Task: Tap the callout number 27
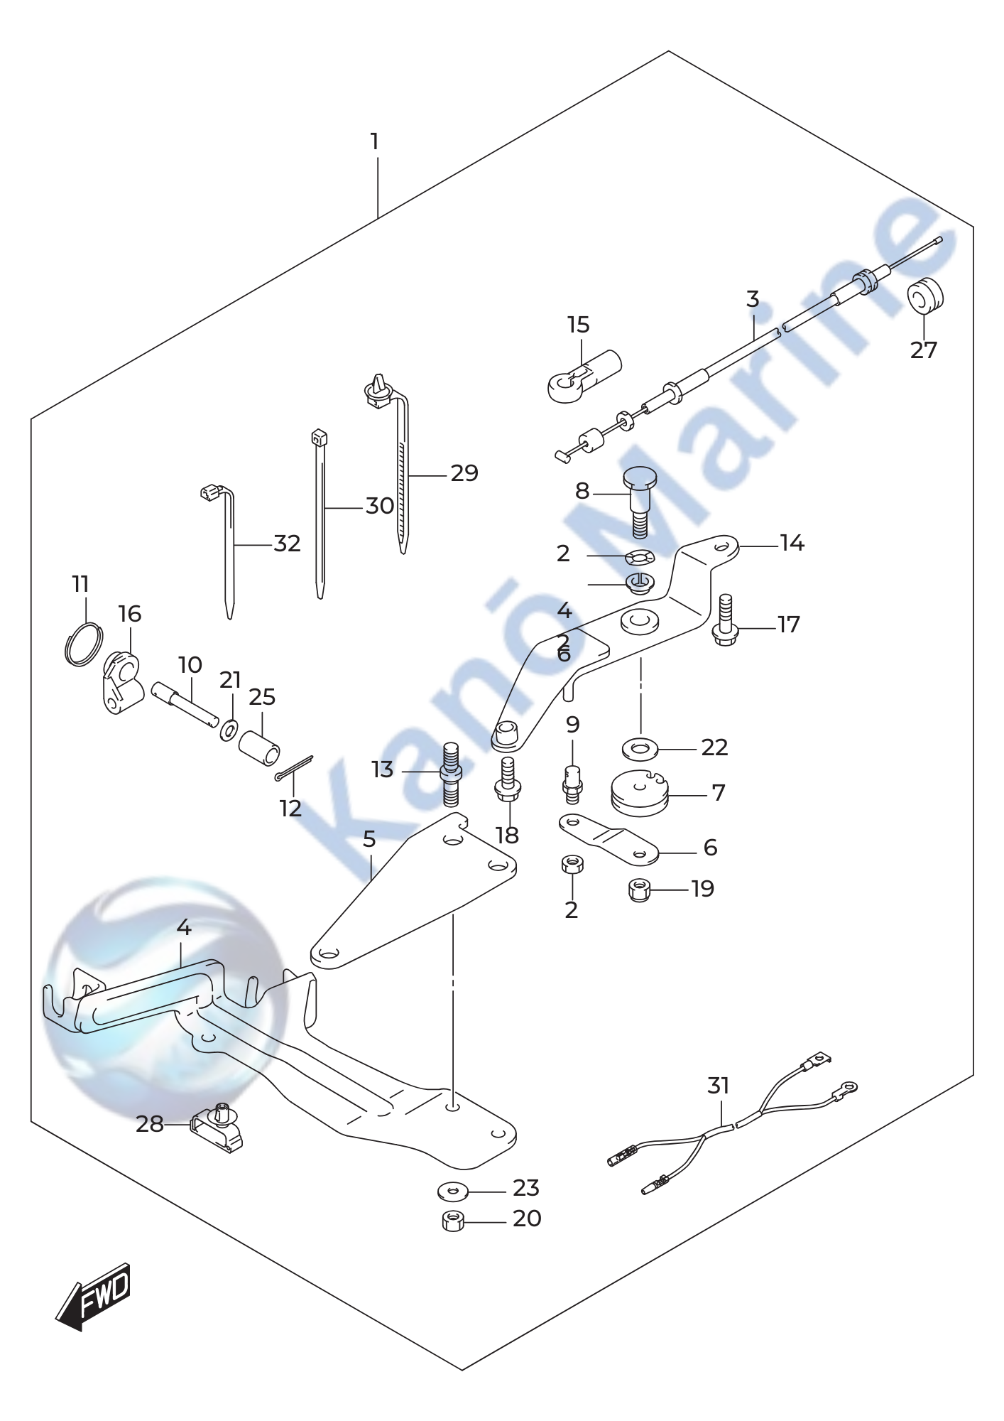(924, 350)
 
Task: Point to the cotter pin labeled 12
(294, 767)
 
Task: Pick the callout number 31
(719, 1086)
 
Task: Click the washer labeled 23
(452, 1189)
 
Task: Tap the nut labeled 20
(452, 1221)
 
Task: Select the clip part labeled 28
(217, 1135)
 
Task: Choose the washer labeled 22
(640, 748)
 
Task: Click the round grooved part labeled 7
(640, 794)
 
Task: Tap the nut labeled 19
(640, 890)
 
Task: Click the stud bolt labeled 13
(452, 774)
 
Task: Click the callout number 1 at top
(374, 142)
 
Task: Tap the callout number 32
(288, 544)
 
